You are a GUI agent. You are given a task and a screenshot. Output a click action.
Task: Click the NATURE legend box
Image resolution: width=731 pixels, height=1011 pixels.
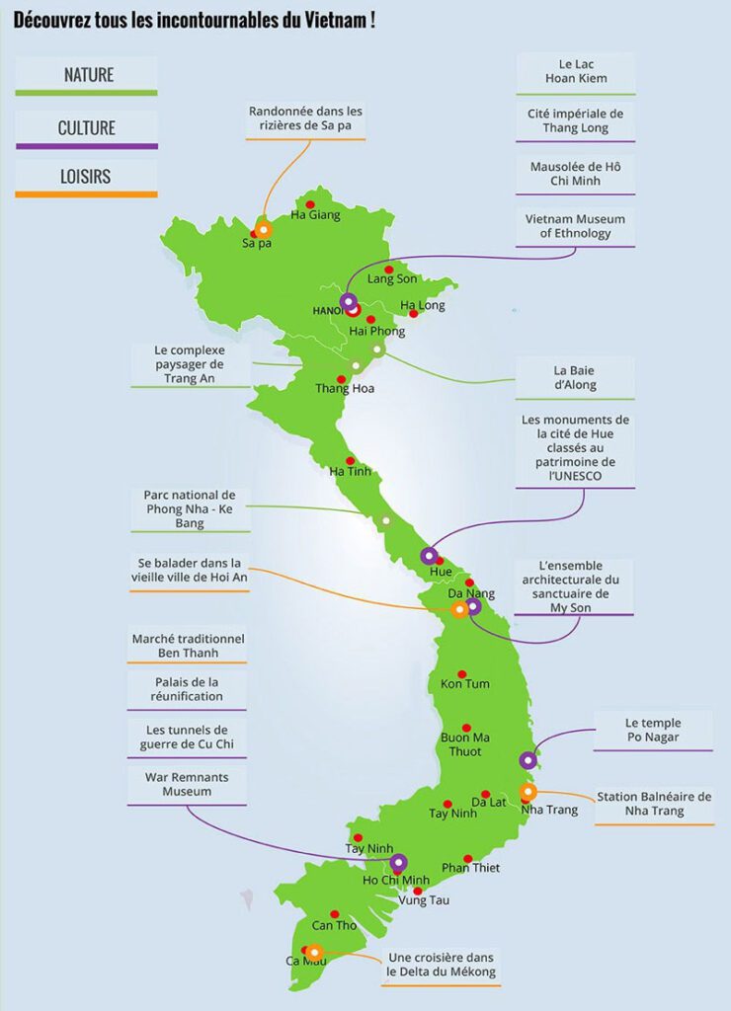(87, 75)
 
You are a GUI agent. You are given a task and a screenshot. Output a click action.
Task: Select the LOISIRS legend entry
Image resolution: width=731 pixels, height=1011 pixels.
(87, 178)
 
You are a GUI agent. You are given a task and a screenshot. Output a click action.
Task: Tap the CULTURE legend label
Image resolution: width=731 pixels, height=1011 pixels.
(87, 128)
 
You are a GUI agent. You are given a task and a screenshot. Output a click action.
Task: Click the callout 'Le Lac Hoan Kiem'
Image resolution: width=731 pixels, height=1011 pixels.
(576, 72)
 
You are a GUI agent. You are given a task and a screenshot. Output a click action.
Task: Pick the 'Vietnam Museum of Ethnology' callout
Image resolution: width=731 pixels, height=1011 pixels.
(576, 226)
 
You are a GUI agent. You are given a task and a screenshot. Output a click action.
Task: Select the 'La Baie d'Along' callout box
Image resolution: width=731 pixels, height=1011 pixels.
(575, 378)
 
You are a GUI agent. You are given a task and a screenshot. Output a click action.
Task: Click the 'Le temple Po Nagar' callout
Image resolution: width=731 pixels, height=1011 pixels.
(654, 729)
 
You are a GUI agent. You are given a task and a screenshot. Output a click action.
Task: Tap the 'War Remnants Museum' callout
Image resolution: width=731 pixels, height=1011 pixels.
(187, 785)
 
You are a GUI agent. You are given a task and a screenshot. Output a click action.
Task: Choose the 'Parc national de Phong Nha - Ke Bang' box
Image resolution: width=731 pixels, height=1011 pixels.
(189, 508)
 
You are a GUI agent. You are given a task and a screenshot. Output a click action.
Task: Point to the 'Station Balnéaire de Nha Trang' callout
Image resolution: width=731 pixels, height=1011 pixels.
(654, 804)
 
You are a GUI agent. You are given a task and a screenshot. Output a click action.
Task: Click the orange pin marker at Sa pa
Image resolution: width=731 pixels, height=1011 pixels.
(264, 229)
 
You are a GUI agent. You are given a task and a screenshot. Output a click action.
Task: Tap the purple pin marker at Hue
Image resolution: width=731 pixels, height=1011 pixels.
(429, 555)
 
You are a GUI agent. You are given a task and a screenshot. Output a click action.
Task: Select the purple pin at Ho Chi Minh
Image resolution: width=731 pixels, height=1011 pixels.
(398, 862)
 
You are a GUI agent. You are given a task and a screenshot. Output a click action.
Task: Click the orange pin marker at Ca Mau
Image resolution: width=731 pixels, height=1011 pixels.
(314, 952)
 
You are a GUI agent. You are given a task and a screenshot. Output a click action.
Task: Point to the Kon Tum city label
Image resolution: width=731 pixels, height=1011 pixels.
(464, 684)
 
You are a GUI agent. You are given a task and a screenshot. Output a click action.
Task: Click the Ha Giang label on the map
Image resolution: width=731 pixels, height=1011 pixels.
(315, 215)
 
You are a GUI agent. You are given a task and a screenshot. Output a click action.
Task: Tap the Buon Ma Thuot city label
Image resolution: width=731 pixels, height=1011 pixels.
(464, 744)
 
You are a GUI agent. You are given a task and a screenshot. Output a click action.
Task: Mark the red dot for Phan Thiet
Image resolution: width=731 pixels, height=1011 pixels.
(468, 858)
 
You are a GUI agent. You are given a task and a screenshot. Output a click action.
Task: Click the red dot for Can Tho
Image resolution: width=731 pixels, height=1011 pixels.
(336, 914)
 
